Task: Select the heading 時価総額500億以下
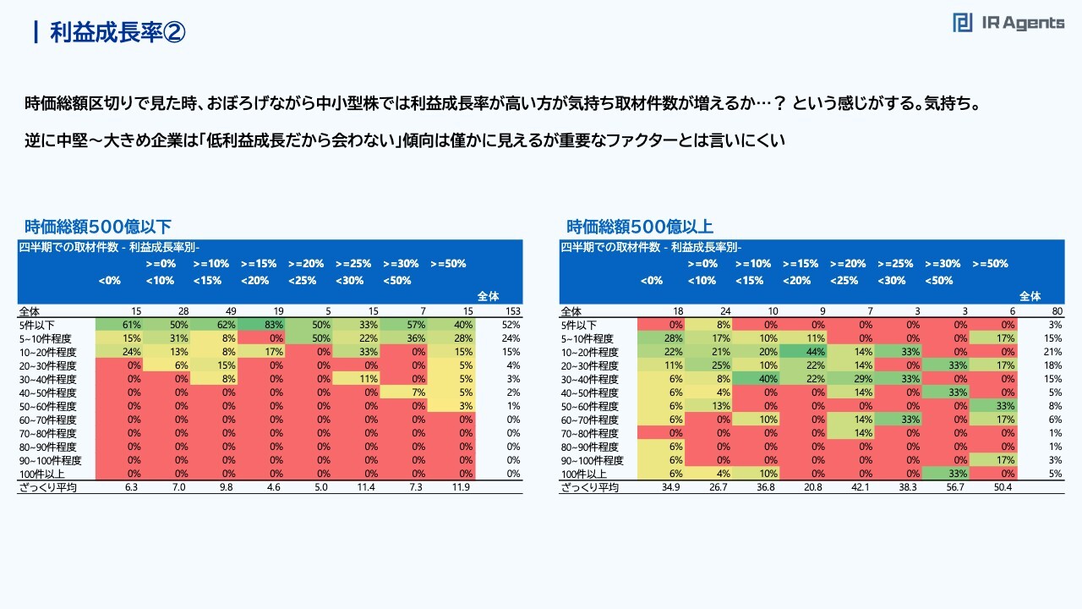point(98,227)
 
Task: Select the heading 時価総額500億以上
point(640,227)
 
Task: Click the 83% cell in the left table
point(259,325)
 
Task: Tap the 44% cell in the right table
point(801,352)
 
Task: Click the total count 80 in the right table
point(1052,311)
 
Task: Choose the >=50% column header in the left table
point(448,264)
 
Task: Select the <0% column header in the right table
point(651,281)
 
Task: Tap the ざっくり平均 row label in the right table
point(589,487)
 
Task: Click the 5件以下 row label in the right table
point(579,325)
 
